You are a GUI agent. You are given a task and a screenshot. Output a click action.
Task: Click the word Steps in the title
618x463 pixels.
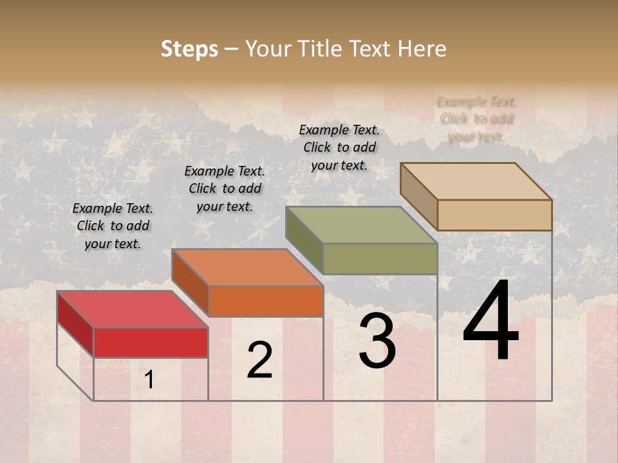(189, 49)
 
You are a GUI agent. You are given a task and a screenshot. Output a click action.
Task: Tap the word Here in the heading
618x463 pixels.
(422, 49)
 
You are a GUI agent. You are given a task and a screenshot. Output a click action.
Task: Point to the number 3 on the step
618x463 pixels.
(377, 341)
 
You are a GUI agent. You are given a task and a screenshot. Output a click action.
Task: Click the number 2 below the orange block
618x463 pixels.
(259, 360)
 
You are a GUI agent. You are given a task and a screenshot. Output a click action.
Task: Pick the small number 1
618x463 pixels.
(149, 380)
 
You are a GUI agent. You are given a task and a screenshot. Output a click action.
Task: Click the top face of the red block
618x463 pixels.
(133, 309)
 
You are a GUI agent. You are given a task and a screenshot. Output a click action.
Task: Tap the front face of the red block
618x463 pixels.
(151, 342)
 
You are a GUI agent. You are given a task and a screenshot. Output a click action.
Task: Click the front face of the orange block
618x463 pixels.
(265, 301)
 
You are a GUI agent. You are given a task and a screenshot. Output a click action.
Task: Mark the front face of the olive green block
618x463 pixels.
(380, 259)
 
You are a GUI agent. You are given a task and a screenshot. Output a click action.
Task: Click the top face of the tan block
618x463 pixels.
(476, 181)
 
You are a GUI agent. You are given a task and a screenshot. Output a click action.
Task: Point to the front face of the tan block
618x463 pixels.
(494, 215)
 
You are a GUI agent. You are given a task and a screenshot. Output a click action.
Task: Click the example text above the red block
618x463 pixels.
(113, 226)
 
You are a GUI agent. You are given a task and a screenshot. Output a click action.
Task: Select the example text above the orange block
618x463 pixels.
(225, 188)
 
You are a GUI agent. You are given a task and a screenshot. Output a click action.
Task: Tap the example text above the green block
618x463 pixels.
(339, 147)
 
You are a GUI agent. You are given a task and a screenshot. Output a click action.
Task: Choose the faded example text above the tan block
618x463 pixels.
(476, 119)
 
